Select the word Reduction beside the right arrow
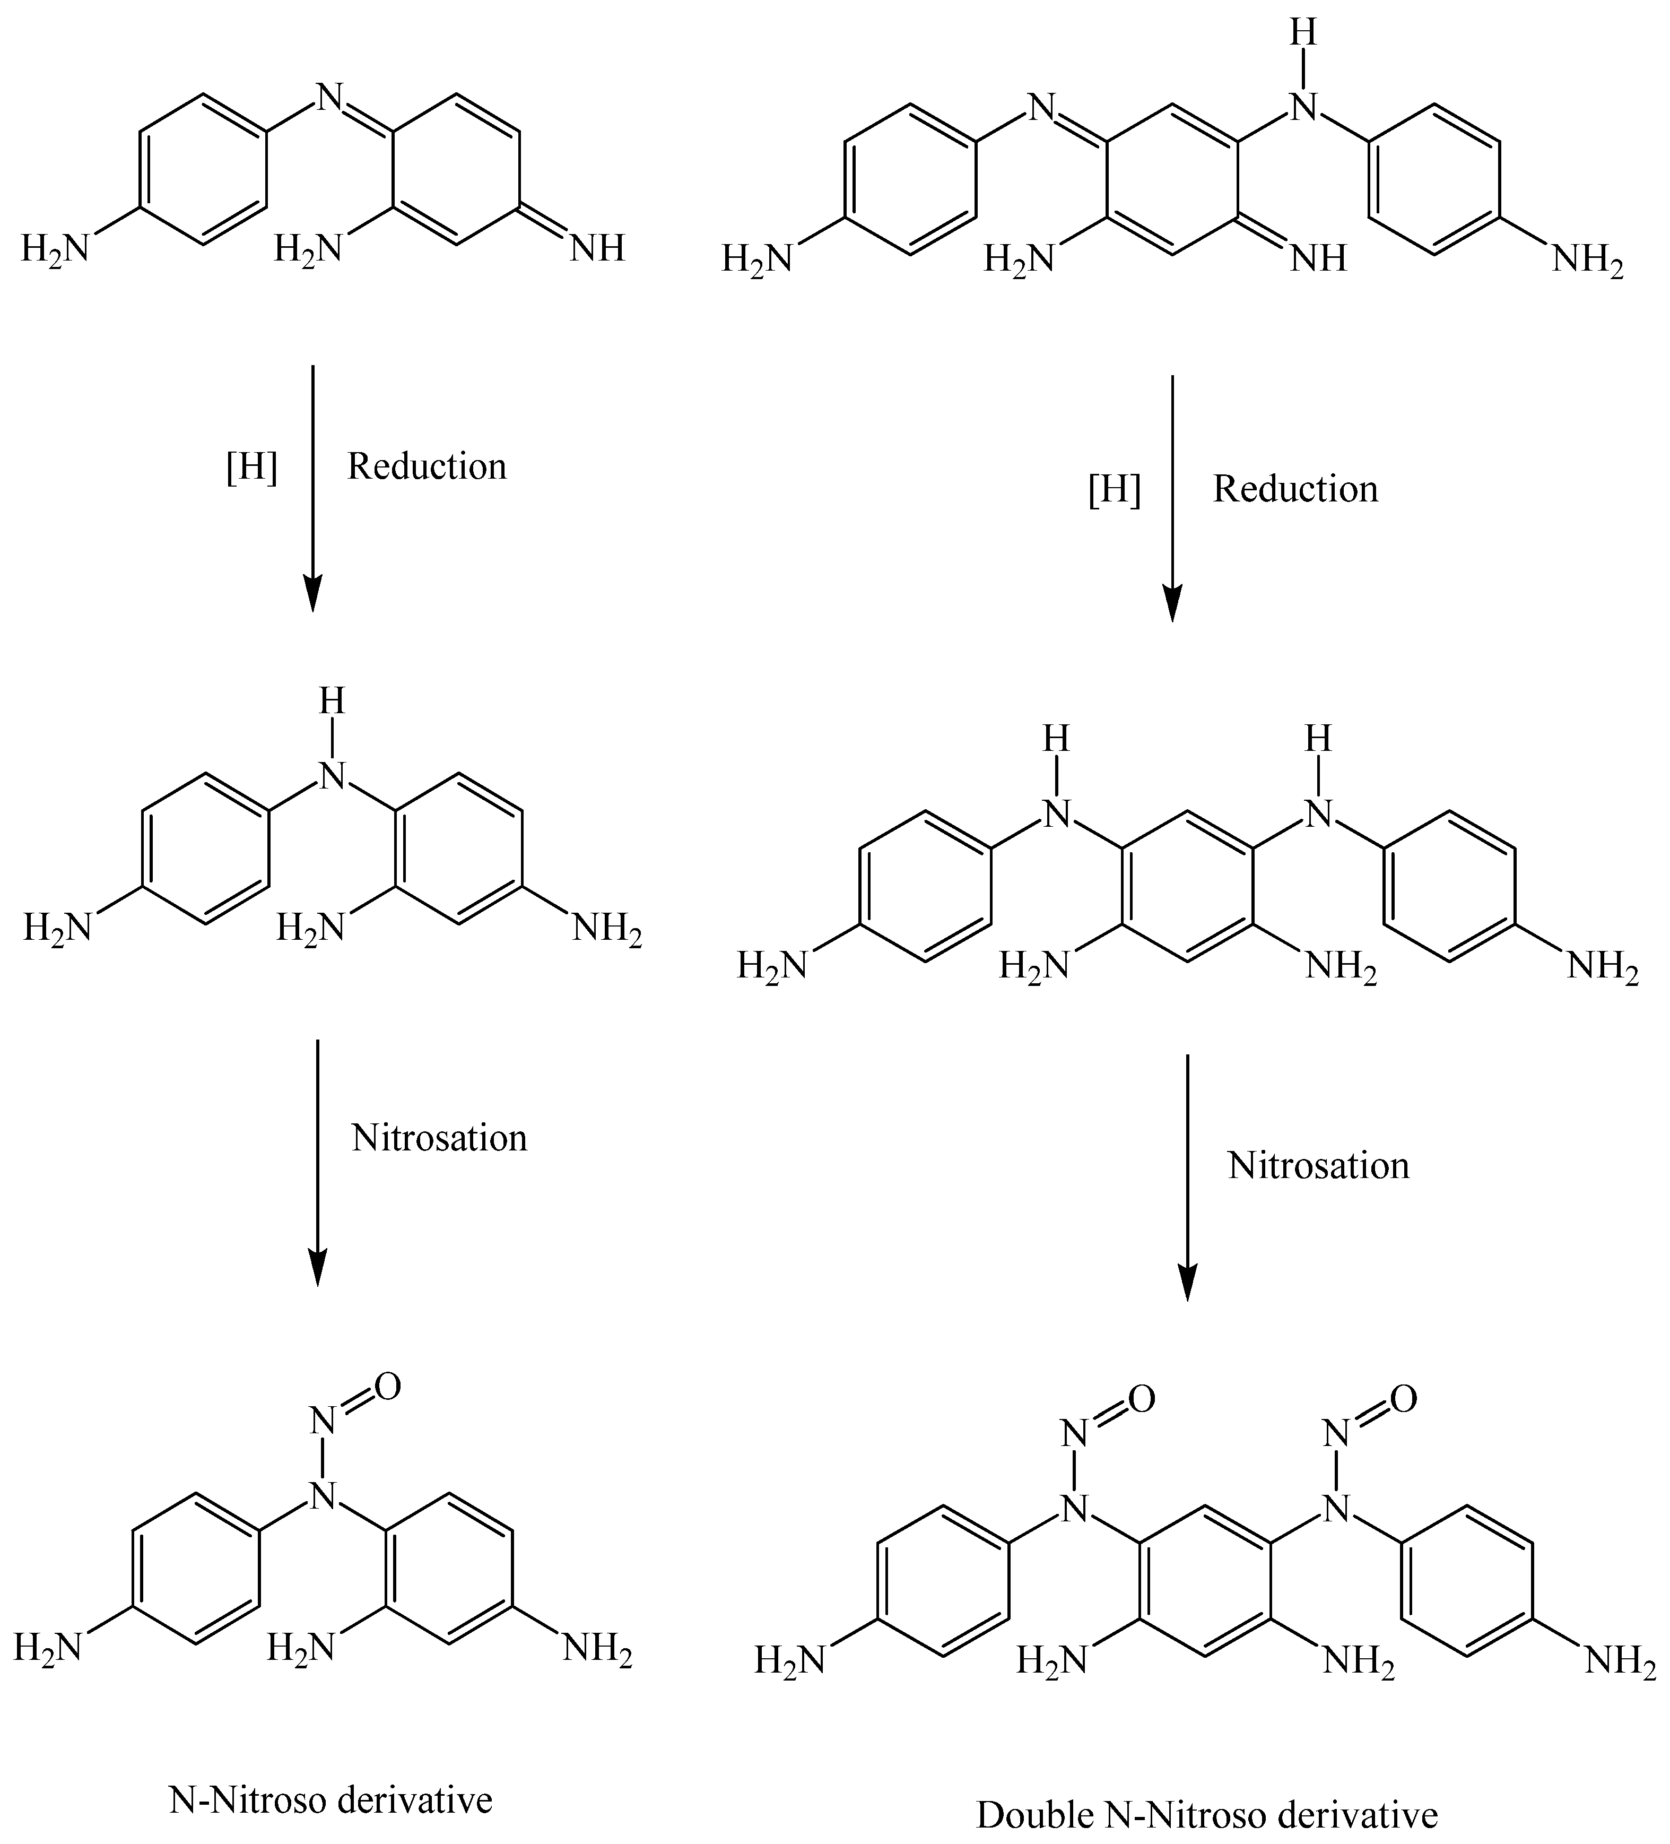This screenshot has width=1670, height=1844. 1295,489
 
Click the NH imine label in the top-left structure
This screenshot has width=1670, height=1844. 597,248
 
